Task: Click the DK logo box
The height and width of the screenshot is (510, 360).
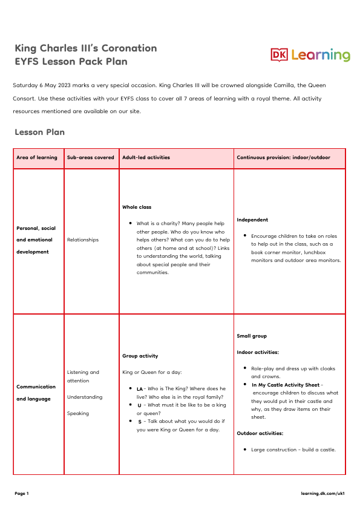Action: pos(280,55)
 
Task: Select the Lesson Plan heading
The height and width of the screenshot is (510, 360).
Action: pos(39,132)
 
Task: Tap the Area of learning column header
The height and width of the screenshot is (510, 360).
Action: pos(37,157)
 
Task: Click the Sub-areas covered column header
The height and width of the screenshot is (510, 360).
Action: pos(90,157)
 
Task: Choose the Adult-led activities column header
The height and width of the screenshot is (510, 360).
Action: pos(146,157)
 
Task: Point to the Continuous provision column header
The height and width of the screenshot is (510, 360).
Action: pos(283,157)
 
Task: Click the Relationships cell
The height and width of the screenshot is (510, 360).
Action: pos(82,240)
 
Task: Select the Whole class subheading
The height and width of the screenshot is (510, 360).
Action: pos(137,207)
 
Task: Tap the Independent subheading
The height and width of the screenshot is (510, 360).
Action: pos(252,220)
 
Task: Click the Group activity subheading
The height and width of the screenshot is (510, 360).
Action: pos(140,356)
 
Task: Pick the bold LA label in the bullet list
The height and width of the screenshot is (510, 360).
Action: pos(139,388)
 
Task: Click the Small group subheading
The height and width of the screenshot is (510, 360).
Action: pos(252,336)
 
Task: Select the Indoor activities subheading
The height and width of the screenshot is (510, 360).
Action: pos(257,351)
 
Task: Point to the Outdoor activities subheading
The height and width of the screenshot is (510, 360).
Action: pos(260,433)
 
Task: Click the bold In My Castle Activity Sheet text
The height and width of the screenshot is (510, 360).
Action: pos(286,384)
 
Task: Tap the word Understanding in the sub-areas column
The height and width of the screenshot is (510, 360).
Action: pos(84,397)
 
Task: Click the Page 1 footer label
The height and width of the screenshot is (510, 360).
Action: pos(22,493)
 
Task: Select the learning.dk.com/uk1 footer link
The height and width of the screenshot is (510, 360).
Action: pos(322,493)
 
